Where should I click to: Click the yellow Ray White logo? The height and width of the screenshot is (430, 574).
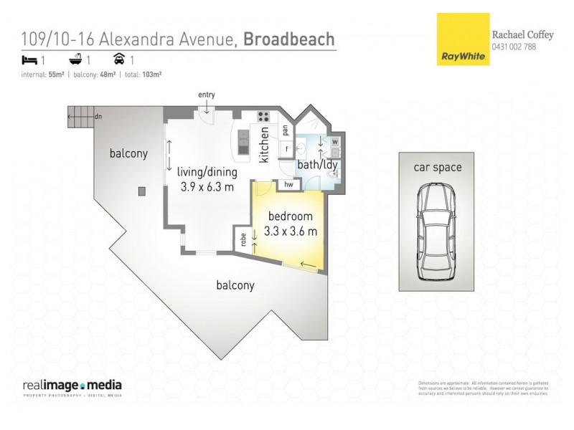pos(463,40)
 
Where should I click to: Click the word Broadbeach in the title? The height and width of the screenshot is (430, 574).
pos(289,39)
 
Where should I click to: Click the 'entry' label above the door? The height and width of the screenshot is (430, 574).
pos(207,95)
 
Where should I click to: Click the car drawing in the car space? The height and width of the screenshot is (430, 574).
pos(436,232)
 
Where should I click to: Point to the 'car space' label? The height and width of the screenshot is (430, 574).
pos(437,168)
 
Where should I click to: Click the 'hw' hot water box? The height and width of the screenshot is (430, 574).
pos(289,185)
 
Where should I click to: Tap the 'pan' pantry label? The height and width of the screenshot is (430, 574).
pos(286,130)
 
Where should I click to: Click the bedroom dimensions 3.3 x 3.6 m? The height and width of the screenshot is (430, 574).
pos(291,231)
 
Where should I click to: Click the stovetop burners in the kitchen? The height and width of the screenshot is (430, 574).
pos(263,117)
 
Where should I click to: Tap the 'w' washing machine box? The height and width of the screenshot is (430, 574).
pos(335,141)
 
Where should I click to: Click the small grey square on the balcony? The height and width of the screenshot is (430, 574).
pos(141,191)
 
